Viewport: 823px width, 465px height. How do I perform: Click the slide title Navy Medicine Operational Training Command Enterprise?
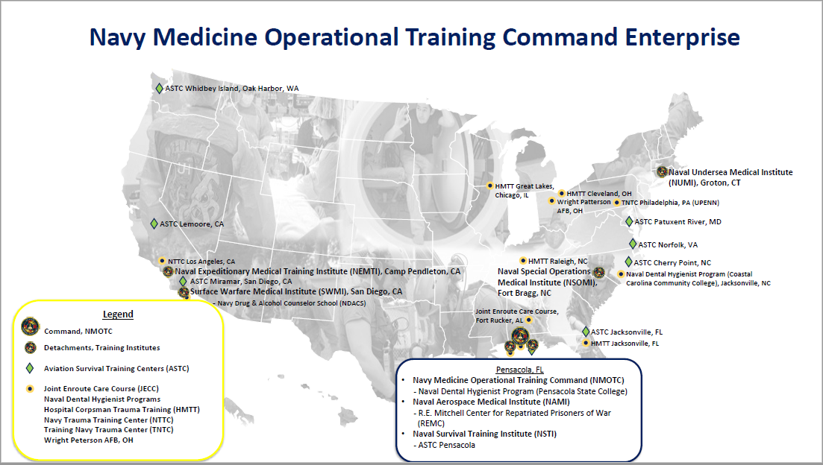pos(414,37)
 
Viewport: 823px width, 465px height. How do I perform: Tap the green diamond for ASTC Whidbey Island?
pos(159,88)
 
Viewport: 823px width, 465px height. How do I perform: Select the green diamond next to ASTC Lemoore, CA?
pos(154,224)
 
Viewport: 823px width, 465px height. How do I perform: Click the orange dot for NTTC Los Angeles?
pos(162,261)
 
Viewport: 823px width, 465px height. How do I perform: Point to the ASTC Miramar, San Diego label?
pos(240,282)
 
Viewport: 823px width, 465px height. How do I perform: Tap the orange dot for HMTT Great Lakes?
pos(489,186)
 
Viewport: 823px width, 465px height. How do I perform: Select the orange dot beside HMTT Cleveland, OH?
pos(562,193)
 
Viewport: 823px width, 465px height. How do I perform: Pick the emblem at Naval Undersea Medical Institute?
pos(661,171)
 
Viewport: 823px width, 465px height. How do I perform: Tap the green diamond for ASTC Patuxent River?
pos(629,221)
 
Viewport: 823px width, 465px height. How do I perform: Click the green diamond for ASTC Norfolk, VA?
pos(633,244)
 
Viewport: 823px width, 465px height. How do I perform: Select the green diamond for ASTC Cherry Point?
pos(628,262)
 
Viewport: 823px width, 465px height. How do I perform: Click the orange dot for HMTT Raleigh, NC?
pos(523,261)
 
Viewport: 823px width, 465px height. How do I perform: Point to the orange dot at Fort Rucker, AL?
pos(528,320)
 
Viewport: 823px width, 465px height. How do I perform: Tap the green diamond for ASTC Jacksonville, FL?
pos(586,331)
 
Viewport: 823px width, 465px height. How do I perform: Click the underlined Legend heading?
pos(117,314)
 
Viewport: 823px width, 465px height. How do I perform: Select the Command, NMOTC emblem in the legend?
pos(30,327)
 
